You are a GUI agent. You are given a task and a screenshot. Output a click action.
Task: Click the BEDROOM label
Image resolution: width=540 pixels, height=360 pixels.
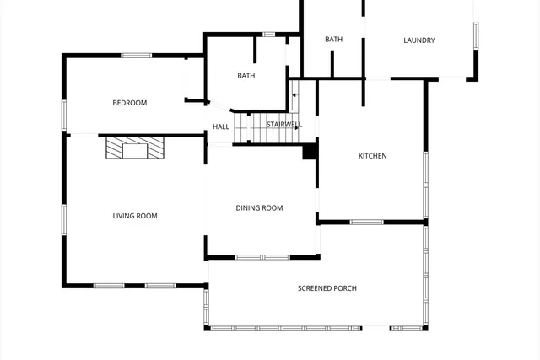(130, 103)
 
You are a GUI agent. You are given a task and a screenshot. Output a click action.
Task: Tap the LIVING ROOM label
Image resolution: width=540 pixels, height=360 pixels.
(135, 216)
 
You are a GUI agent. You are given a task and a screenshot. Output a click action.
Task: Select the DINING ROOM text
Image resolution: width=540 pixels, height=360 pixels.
(259, 207)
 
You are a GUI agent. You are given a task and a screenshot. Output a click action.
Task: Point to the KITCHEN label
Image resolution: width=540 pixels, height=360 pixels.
(372, 156)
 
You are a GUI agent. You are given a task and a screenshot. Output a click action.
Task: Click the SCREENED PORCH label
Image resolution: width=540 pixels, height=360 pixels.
(327, 288)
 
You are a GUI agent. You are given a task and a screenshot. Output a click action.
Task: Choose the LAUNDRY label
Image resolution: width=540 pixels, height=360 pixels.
(418, 40)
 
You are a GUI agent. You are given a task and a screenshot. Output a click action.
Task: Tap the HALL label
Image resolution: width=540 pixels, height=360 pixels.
(221, 126)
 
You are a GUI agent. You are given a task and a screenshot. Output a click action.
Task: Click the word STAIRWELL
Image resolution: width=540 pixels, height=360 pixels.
(283, 125)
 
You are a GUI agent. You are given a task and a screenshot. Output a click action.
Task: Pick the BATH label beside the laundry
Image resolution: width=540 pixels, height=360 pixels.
(334, 39)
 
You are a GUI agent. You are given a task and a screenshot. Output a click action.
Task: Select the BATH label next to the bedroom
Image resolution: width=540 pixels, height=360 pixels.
(246, 76)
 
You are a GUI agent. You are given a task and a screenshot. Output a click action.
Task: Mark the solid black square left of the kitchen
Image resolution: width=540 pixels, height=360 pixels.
(310, 152)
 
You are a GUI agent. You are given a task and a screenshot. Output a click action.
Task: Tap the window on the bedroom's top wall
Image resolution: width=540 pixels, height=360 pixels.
(136, 56)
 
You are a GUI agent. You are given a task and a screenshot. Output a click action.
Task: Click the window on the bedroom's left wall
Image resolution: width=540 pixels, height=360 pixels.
(63, 114)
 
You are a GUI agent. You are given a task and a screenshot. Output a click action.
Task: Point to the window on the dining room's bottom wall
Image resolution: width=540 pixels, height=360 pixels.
(262, 257)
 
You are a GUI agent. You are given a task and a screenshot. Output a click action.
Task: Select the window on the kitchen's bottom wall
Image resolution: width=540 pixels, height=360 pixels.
(366, 223)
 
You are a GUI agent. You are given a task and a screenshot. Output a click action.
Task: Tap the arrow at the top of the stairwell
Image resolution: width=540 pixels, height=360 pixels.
(294, 94)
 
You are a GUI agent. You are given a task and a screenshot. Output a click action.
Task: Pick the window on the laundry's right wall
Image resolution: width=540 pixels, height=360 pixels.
(476, 35)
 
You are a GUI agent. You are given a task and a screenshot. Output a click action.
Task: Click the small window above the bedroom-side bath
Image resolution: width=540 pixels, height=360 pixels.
(269, 35)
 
